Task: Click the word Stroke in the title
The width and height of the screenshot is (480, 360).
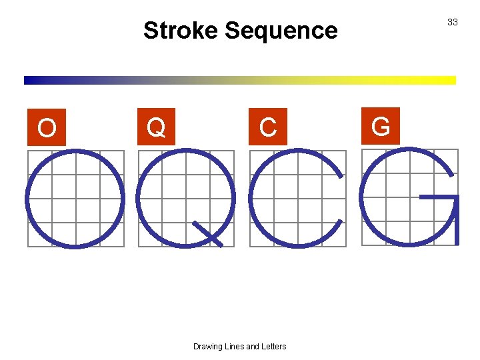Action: click(x=181, y=31)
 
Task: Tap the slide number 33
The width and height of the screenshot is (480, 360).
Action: click(x=453, y=22)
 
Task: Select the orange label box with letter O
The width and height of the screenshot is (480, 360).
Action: click(x=47, y=127)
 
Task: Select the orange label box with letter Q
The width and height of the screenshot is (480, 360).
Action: click(x=156, y=126)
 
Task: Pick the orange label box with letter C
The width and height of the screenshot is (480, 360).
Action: click(x=268, y=126)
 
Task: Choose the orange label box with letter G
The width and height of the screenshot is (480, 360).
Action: click(x=381, y=125)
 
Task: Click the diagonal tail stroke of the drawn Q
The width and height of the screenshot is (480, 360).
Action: click(x=207, y=233)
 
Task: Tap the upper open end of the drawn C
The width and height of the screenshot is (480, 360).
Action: click(x=341, y=175)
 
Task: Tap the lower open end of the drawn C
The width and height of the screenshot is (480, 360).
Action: click(x=341, y=221)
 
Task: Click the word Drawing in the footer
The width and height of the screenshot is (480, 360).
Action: click(x=209, y=346)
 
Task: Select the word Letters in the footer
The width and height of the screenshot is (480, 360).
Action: click(x=272, y=346)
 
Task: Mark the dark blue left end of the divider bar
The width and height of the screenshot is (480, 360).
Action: click(x=28, y=80)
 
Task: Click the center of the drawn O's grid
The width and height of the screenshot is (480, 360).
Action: click(x=75, y=198)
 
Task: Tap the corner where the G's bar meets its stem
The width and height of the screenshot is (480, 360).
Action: click(x=458, y=197)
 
